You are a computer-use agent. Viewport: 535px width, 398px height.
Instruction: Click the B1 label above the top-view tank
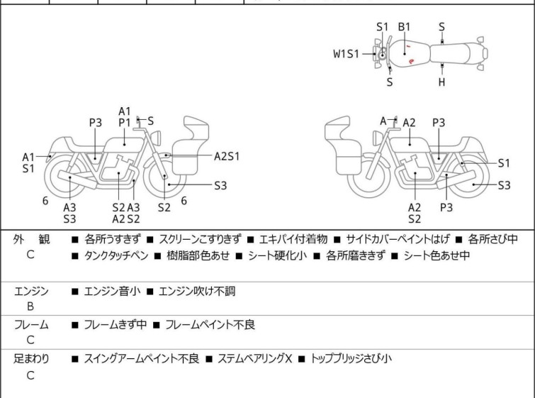coord(404,27)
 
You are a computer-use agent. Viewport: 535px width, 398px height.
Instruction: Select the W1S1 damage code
coord(347,53)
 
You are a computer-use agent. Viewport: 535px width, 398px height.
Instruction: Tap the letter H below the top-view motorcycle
coord(441,82)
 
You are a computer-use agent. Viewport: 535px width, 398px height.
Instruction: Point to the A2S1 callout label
coord(227,156)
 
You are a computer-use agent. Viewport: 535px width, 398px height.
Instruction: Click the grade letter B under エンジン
coord(30,306)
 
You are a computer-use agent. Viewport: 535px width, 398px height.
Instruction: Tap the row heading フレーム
coord(31,325)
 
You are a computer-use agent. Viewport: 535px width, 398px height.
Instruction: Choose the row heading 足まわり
coord(31,359)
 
